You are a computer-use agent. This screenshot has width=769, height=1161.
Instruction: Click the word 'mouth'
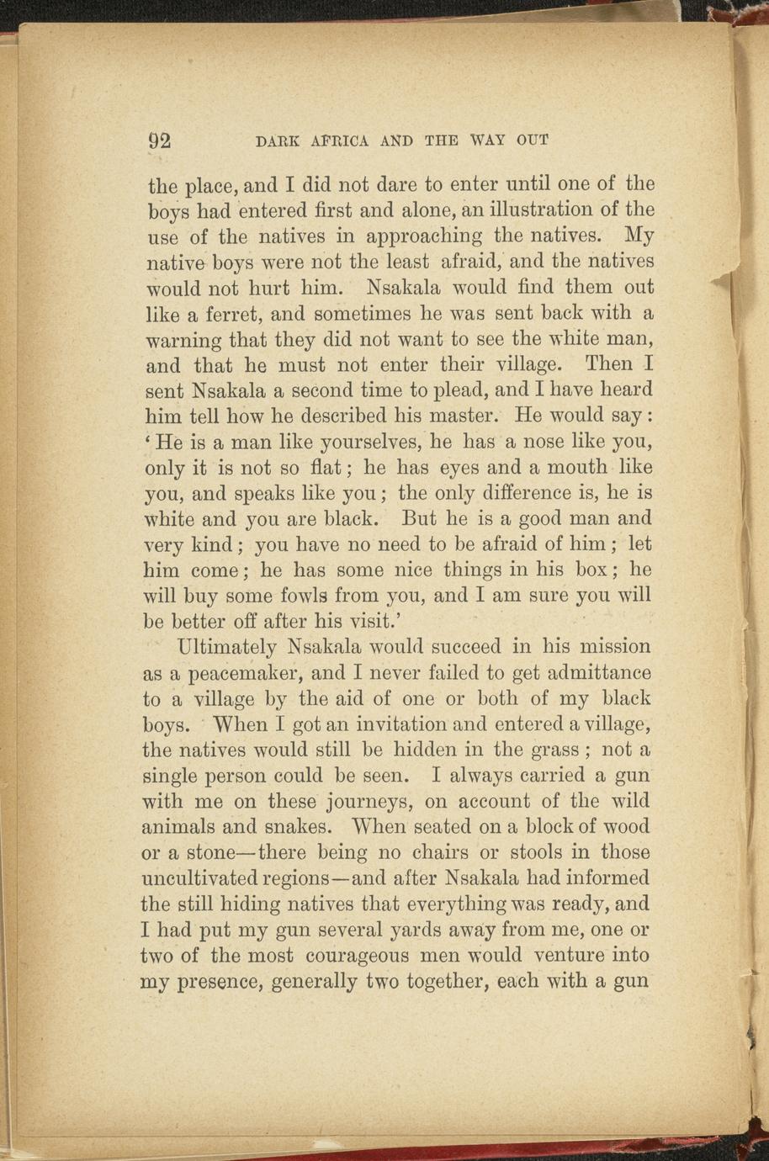[x=575, y=467]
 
